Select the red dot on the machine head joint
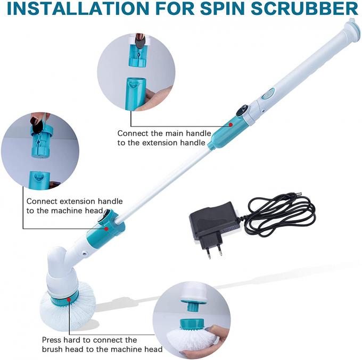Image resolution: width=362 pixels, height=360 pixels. pos(106,228)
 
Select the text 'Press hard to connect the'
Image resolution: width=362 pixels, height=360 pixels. pos(89,340)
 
